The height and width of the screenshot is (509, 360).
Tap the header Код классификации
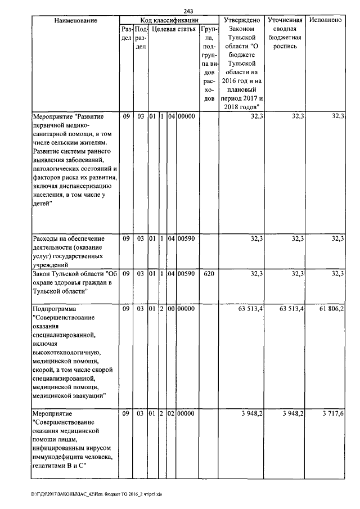168,20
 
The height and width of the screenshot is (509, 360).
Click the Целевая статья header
174,29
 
